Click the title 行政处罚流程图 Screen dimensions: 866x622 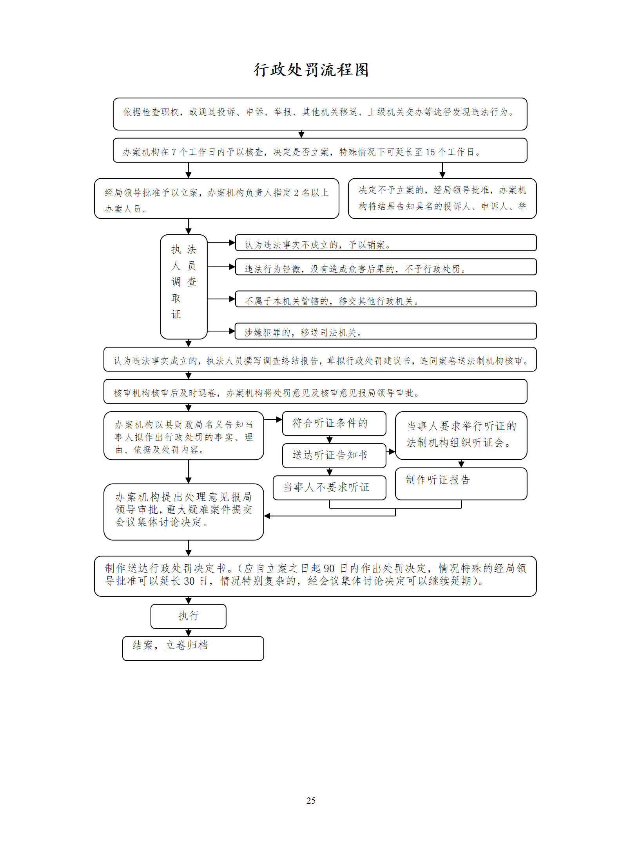(x=311, y=70)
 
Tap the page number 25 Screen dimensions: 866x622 (x=311, y=801)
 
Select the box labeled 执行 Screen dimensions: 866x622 (x=189, y=616)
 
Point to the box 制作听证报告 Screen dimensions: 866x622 (x=461, y=484)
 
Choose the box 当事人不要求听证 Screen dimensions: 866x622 (x=329, y=487)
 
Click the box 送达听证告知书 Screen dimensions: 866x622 (x=334, y=455)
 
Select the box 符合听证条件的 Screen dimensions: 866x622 (x=334, y=423)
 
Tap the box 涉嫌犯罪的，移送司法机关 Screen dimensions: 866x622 (x=386, y=331)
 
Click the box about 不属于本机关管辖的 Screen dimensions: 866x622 (x=386, y=299)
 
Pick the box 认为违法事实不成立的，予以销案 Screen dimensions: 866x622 (x=386, y=243)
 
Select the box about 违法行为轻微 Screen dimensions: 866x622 (x=386, y=267)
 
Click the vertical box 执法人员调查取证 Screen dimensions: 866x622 (x=184, y=287)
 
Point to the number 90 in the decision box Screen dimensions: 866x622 (x=329, y=569)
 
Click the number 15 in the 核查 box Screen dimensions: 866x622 (x=430, y=152)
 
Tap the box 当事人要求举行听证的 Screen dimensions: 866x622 (x=461, y=435)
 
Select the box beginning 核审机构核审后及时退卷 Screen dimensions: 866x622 (x=315, y=391)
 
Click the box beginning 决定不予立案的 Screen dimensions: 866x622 (x=442, y=199)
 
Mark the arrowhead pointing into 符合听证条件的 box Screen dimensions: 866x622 (x=279, y=420)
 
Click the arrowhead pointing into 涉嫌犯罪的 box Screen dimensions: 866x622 (x=232, y=331)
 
